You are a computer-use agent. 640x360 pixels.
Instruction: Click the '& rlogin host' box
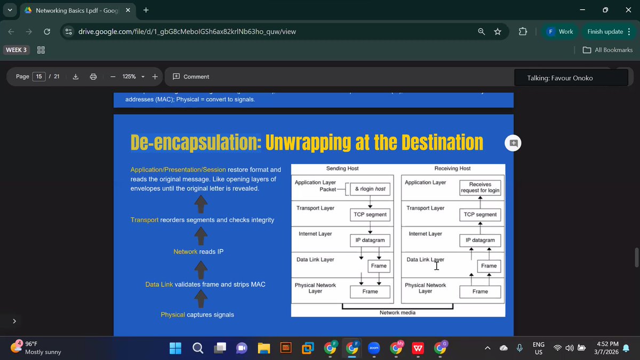click(370, 189)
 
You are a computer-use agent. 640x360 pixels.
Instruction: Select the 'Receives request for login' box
click(480, 187)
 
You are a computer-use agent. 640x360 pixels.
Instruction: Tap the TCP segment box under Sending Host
click(370, 214)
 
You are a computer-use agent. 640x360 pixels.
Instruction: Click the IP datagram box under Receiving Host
click(480, 240)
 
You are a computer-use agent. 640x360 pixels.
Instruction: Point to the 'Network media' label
click(397, 313)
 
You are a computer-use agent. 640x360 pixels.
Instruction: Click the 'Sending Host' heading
click(342, 169)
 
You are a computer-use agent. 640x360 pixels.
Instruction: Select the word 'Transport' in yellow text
click(144, 220)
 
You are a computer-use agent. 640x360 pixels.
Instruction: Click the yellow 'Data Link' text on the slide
click(159, 284)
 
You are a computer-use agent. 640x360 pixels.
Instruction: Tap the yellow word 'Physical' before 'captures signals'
click(173, 315)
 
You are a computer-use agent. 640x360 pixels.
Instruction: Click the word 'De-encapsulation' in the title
click(195, 142)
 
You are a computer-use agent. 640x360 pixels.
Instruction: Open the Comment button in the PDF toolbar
click(191, 77)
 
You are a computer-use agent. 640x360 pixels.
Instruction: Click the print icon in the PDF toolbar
click(93, 77)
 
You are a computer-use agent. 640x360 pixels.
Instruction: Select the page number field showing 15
click(39, 77)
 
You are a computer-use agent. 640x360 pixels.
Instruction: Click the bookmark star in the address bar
click(498, 31)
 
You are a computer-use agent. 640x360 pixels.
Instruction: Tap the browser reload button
click(46, 31)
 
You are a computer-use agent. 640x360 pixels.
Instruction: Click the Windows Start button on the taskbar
click(175, 348)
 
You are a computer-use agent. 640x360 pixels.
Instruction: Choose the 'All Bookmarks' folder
click(607, 50)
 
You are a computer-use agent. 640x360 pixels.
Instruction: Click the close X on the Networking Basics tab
click(127, 10)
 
